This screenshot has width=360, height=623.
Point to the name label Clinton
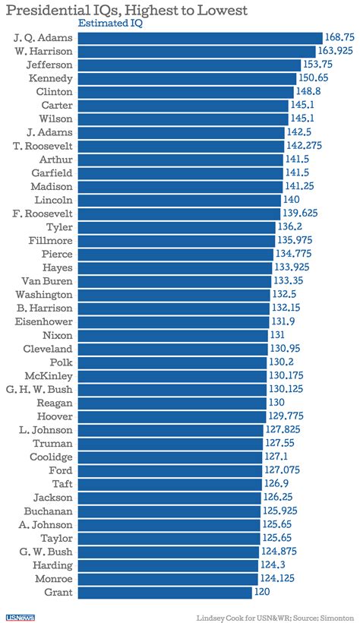(53, 92)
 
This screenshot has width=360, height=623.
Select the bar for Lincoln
(179, 200)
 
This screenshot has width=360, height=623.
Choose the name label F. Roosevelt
(44, 213)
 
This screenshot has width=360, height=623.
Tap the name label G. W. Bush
(47, 551)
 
